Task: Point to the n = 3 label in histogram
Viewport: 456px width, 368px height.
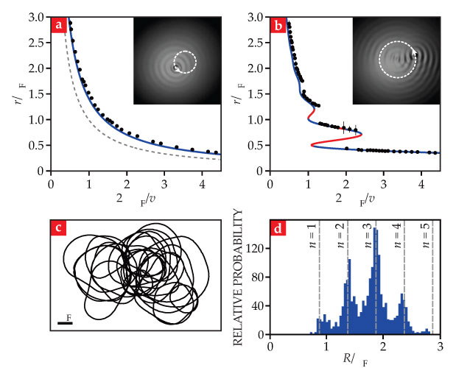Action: [x=366, y=238]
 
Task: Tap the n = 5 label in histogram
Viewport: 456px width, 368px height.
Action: [x=424, y=238]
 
